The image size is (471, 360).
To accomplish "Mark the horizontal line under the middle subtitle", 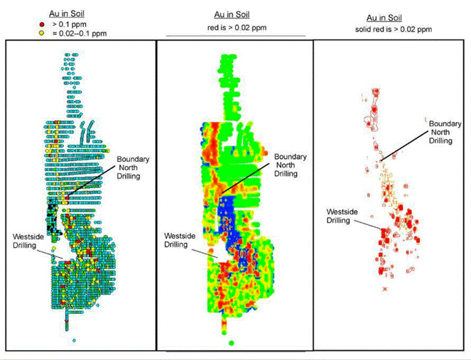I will [x=235, y=35].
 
